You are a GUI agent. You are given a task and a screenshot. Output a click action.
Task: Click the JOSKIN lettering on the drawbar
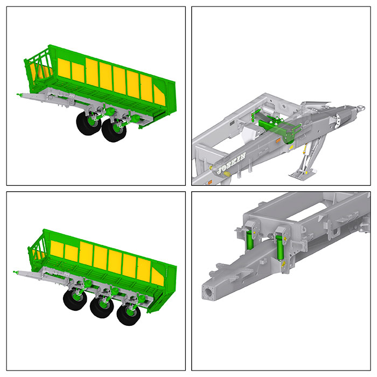tap(231, 164)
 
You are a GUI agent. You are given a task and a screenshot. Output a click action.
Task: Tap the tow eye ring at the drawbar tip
tap(361, 108)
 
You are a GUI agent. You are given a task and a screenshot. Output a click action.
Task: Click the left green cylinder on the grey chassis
tap(250, 241)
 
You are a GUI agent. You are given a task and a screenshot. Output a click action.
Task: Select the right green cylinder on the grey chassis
tap(280, 248)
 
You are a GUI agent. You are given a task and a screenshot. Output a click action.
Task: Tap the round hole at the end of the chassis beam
tap(209, 292)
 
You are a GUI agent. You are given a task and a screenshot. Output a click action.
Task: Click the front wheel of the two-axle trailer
tap(88, 123)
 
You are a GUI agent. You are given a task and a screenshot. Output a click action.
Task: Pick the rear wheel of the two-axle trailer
tap(114, 130)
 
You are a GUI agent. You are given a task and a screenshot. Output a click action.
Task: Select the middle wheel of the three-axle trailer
tap(102, 307)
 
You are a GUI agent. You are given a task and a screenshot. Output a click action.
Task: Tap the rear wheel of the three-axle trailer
tap(129, 314)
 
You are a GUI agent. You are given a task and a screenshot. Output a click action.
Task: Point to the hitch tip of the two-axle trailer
tap(18, 94)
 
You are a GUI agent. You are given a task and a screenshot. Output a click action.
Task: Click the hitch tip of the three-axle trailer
tap(15, 272)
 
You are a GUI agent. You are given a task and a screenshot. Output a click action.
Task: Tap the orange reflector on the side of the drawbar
tap(278, 141)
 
